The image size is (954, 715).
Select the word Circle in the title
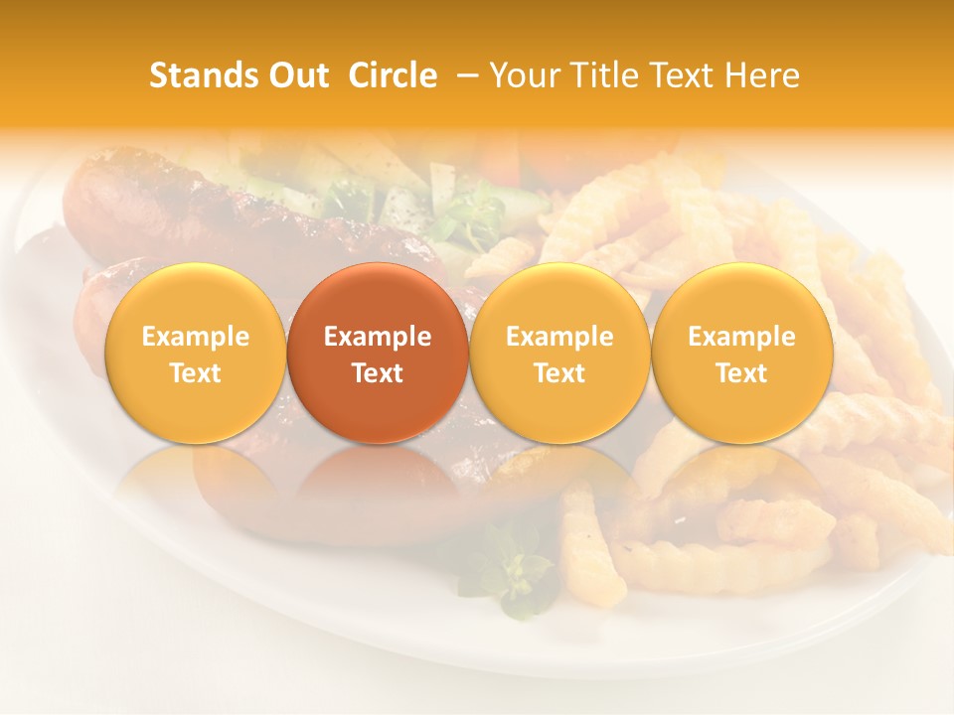(x=392, y=75)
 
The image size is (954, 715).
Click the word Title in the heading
(x=596, y=75)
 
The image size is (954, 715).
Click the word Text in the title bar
(x=681, y=75)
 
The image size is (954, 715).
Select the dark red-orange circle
(x=378, y=353)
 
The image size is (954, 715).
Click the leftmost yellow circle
(x=195, y=353)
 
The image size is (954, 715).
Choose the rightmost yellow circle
(x=742, y=353)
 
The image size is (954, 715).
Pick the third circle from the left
(x=559, y=353)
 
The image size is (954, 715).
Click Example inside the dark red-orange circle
(x=378, y=337)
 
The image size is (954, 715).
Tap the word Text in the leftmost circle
(x=195, y=373)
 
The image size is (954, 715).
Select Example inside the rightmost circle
(x=742, y=337)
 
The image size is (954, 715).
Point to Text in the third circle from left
(x=559, y=373)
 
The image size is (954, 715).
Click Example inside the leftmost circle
(x=195, y=337)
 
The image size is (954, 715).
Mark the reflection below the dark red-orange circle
(x=378, y=487)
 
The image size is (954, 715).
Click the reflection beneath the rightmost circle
(x=742, y=487)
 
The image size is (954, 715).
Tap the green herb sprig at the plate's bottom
(x=512, y=571)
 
